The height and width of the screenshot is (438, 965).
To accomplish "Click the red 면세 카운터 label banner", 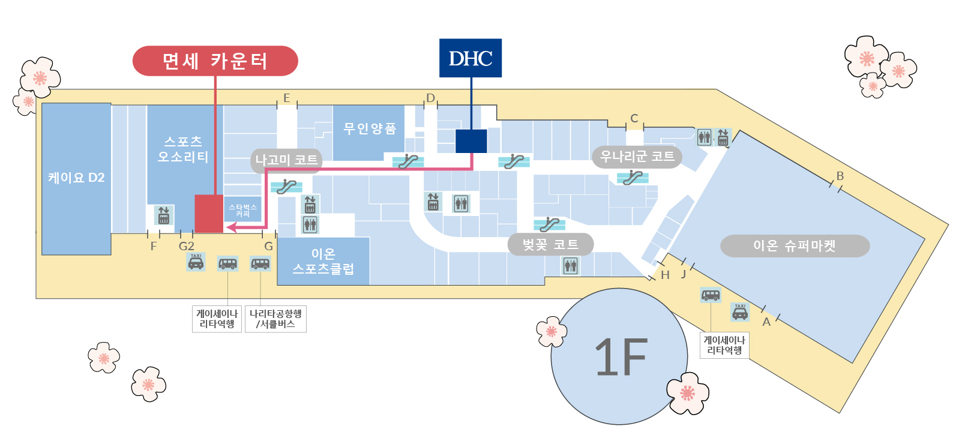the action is [215, 61].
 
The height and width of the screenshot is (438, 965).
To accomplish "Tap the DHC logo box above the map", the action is [470, 58].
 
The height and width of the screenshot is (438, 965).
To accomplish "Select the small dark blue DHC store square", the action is [471, 141].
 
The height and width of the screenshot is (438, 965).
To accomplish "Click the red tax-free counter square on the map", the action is [209, 214].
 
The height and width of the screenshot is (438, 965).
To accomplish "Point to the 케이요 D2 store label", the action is [76, 178].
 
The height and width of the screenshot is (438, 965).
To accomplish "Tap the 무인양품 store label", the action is [370, 128].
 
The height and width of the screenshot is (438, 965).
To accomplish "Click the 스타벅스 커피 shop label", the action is [242, 210].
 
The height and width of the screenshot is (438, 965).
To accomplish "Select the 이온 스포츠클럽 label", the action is [323, 261].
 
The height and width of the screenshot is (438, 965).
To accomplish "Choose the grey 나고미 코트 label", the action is [286, 160].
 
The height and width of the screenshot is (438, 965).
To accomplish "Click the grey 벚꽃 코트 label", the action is [550, 245].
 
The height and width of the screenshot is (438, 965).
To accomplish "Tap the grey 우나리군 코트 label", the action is [637, 157].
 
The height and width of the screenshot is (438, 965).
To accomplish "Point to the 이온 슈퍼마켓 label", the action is [795, 246].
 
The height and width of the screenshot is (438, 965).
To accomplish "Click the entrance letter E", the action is [286, 98].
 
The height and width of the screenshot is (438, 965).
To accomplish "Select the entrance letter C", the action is [634, 118].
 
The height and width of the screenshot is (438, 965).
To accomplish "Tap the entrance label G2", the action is [187, 247].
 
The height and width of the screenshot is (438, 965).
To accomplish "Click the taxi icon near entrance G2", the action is [196, 262].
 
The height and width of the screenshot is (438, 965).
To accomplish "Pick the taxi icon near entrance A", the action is [740, 312].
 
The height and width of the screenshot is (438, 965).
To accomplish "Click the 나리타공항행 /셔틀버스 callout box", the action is [275, 319].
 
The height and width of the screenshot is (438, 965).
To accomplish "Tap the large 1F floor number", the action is [621, 356].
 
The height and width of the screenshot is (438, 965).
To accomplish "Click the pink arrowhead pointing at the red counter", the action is [231, 227].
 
